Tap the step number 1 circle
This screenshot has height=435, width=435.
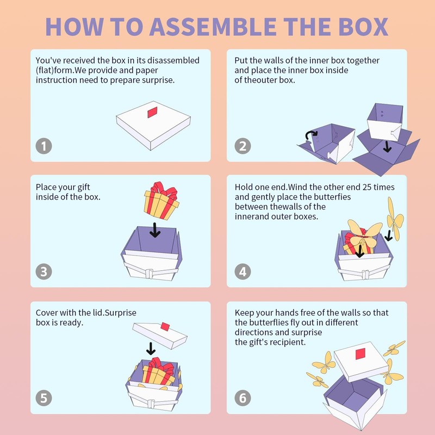click(x=44, y=146)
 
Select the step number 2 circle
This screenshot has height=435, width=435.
click(x=243, y=146)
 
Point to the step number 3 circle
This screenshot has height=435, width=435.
click(x=44, y=271)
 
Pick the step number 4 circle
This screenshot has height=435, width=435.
click(x=243, y=271)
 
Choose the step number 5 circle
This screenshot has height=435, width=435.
click(x=44, y=398)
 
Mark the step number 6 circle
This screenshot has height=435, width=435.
click(x=243, y=398)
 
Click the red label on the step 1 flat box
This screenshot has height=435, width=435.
click(x=152, y=112)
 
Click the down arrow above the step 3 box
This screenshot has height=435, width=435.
click(x=155, y=230)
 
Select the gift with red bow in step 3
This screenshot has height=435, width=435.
click(x=161, y=201)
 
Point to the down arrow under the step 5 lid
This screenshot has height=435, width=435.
click(x=151, y=349)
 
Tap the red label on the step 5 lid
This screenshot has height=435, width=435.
click(x=165, y=327)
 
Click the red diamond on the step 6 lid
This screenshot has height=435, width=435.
click(x=361, y=354)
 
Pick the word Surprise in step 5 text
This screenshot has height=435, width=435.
click(x=121, y=313)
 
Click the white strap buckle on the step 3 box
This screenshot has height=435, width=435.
click(x=149, y=274)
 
